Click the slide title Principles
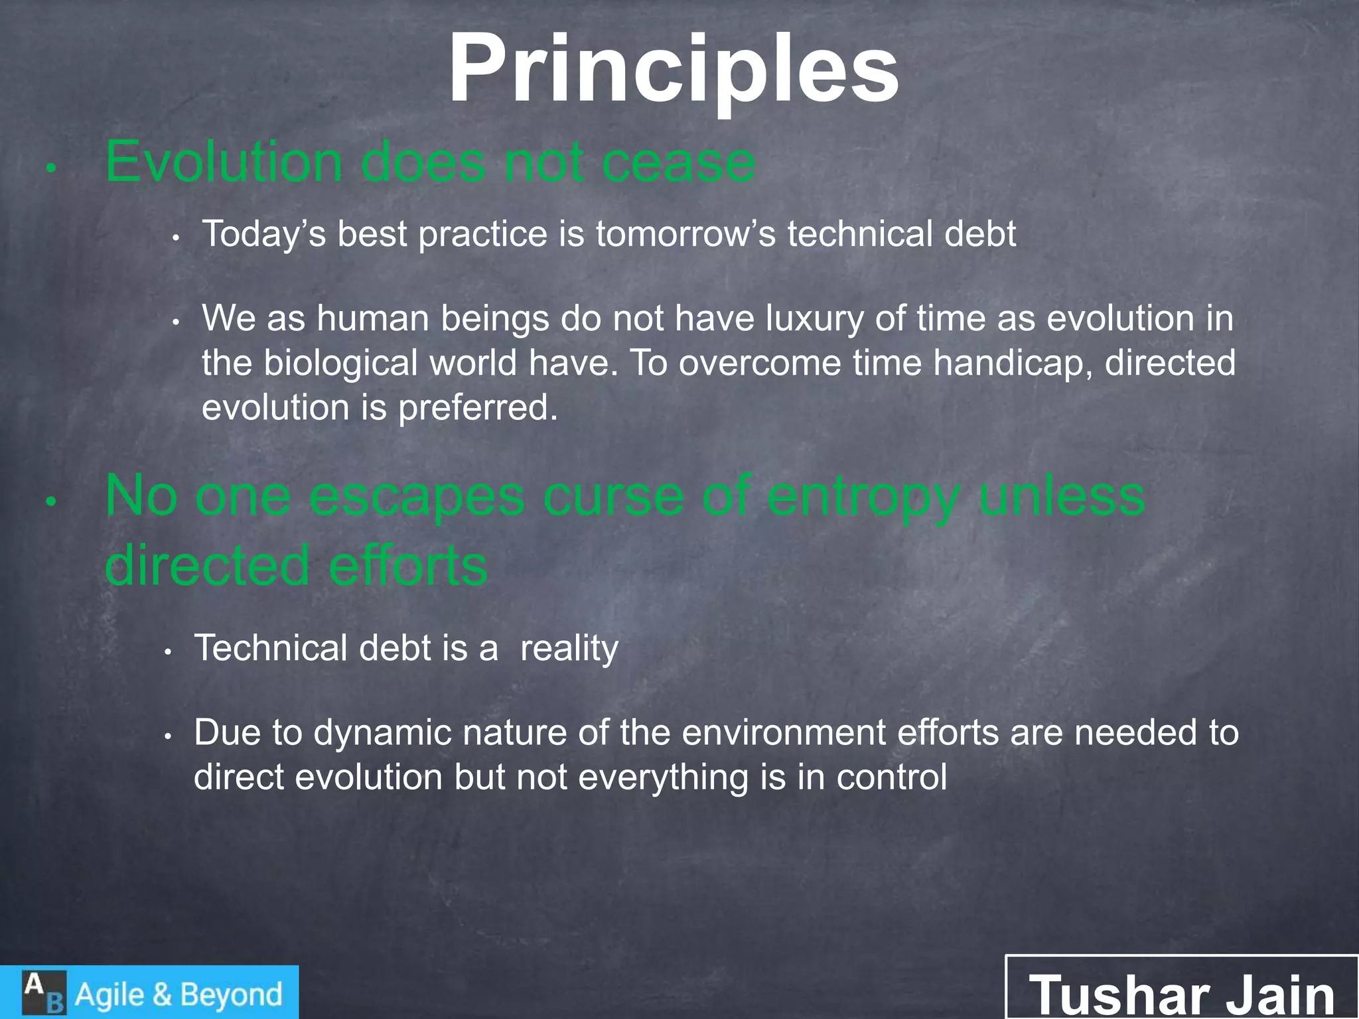point(673,70)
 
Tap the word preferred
point(477,408)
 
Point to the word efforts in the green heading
point(407,566)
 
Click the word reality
point(569,649)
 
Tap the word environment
point(783,733)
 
